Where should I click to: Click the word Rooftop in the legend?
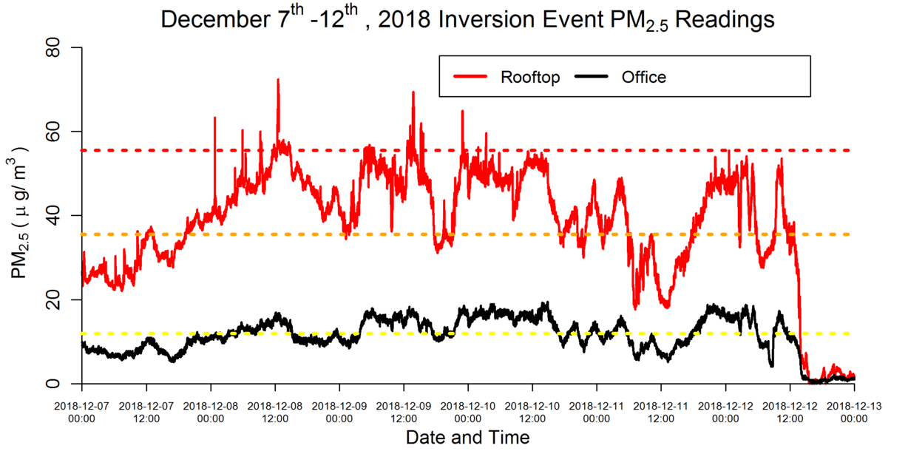pyautogui.click(x=529, y=77)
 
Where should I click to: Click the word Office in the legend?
pyautogui.click(x=643, y=77)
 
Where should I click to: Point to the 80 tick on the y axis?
pyautogui.click(x=59, y=48)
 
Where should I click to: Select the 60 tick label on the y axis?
pyautogui.click(x=59, y=132)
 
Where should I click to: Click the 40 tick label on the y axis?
pyautogui.click(x=59, y=216)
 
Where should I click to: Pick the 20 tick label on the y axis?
pyautogui.click(x=59, y=300)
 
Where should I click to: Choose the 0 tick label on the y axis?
pyautogui.click(x=64, y=384)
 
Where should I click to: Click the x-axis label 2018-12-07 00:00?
pyautogui.click(x=81, y=411)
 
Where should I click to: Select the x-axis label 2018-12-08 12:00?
pyautogui.click(x=275, y=411)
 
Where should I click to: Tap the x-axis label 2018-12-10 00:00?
pyautogui.click(x=468, y=411)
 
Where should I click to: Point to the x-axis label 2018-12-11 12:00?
pyautogui.click(x=661, y=411)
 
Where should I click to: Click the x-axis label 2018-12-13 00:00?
pyautogui.click(x=854, y=411)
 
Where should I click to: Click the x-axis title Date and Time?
pyautogui.click(x=467, y=438)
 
